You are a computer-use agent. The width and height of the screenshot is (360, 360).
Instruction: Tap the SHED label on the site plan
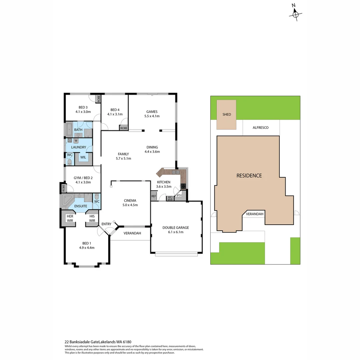(x=227, y=114)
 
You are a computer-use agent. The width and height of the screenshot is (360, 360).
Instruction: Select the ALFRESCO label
(x=261, y=127)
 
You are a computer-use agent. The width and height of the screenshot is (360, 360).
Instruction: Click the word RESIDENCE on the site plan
(x=249, y=176)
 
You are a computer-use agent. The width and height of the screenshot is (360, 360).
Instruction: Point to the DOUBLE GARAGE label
(x=176, y=227)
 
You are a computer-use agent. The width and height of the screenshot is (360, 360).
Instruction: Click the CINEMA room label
(x=130, y=200)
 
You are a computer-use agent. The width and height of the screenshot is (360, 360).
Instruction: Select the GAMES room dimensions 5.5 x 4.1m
(x=152, y=116)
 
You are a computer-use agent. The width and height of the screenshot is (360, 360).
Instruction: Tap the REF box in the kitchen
(x=154, y=196)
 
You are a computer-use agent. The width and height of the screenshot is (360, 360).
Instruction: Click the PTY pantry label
(x=179, y=196)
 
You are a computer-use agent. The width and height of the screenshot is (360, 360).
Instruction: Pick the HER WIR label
(x=70, y=218)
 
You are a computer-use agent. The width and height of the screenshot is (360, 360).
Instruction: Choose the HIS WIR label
(x=92, y=218)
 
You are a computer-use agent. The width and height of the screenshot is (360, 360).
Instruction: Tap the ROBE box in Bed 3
(x=99, y=99)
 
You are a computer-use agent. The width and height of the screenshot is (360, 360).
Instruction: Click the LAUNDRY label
(x=79, y=147)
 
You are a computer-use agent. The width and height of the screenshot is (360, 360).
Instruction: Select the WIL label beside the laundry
(x=83, y=157)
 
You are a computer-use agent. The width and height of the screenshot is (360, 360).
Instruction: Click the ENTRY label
(x=106, y=224)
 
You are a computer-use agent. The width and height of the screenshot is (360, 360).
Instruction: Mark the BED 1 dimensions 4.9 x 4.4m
(x=87, y=248)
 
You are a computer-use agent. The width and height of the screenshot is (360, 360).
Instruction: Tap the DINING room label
(x=152, y=147)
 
